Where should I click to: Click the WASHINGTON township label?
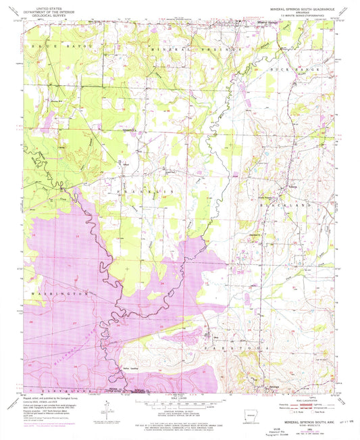51,295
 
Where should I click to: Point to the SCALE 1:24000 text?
179,395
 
